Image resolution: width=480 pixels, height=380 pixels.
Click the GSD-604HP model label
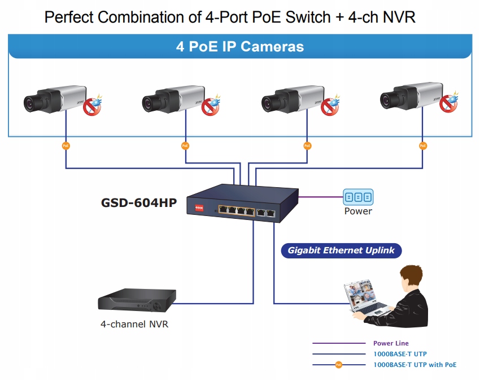point(139,202)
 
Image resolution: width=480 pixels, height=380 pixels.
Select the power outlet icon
point(358,197)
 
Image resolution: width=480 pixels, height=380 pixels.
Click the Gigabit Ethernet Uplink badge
point(341,251)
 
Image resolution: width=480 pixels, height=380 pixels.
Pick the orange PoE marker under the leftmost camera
point(66,146)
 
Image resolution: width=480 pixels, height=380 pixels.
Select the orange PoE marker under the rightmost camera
point(423,146)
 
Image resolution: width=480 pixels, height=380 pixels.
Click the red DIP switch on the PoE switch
point(200,208)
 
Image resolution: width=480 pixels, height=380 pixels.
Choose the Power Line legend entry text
point(391,343)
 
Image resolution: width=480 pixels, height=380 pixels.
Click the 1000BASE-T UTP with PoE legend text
point(414,365)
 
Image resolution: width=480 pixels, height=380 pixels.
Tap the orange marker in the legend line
point(339,365)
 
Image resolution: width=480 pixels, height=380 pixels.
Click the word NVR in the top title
point(399,18)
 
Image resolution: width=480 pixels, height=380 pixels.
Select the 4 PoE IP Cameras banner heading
point(240,46)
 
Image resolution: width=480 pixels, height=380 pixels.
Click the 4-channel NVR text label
point(134,325)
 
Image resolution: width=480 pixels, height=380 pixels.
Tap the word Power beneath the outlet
point(358,211)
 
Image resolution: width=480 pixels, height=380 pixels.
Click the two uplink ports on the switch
point(266,213)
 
